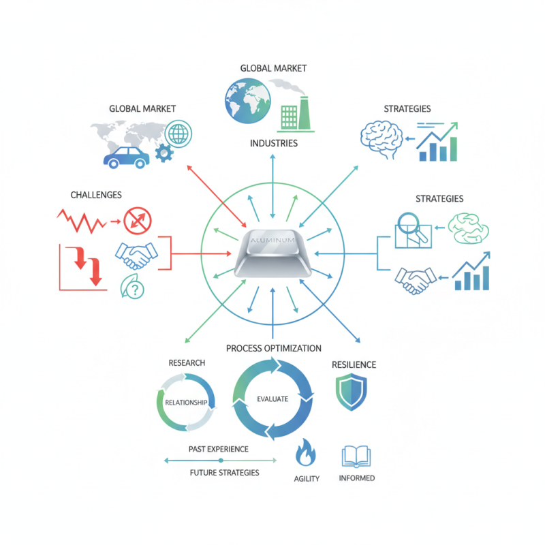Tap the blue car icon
point(126,157)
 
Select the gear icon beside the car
point(164,153)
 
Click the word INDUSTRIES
point(273,143)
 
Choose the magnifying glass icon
point(411,228)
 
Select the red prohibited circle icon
point(138,221)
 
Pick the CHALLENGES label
point(96,196)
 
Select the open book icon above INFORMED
point(356,456)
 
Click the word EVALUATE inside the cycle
point(272,399)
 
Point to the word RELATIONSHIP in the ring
point(186,403)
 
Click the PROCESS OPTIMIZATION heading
point(273,348)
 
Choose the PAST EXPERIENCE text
point(218,450)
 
